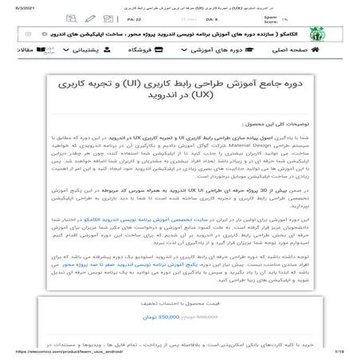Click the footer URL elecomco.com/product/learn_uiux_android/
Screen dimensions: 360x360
tap(56, 350)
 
